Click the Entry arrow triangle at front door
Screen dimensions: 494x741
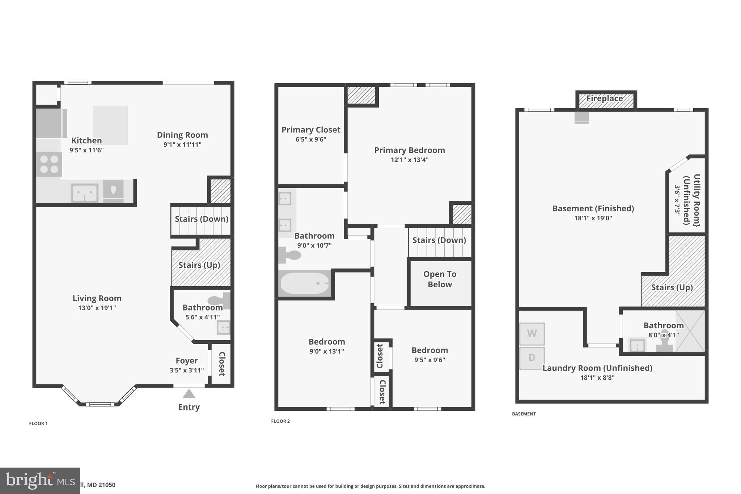point(189,394)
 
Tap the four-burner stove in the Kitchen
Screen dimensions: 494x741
point(49,164)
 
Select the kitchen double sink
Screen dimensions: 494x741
point(85,193)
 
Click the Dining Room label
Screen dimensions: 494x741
point(182,135)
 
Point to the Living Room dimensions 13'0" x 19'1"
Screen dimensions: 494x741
point(97,308)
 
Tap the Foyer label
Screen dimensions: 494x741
point(187,361)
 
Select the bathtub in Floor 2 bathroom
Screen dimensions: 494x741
point(305,283)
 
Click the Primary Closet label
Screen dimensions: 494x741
point(311,130)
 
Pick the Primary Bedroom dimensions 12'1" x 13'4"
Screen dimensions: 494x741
point(410,160)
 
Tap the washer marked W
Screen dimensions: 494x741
point(532,334)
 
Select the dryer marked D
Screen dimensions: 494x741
point(532,358)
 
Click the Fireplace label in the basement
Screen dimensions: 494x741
point(605,98)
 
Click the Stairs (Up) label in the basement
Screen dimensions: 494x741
point(672,287)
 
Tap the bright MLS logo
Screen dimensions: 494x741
point(40,481)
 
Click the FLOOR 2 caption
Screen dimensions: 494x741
point(280,421)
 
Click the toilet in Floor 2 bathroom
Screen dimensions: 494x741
point(290,255)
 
